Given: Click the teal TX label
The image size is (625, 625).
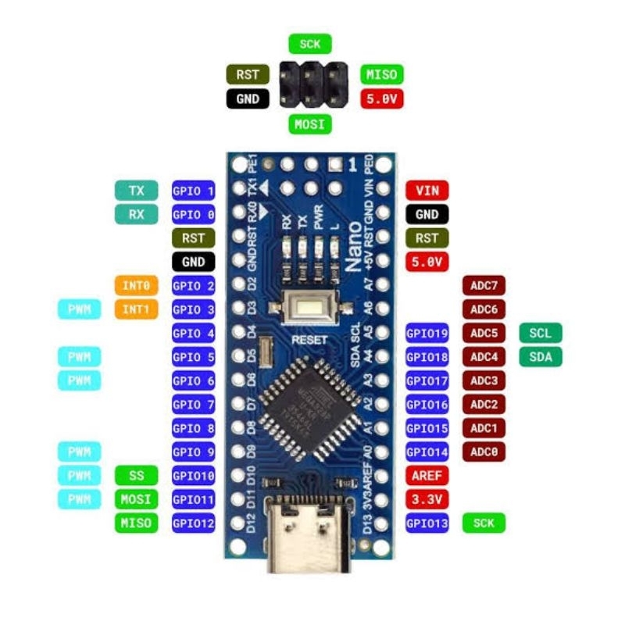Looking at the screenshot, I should pyautogui.click(x=137, y=191).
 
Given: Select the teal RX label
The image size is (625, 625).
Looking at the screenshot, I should pyautogui.click(x=137, y=214).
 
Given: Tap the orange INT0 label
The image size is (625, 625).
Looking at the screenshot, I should pyautogui.click(x=137, y=286).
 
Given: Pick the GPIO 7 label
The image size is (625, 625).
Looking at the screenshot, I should pyautogui.click(x=193, y=405).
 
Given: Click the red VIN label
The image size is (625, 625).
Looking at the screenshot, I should pyautogui.click(x=427, y=191).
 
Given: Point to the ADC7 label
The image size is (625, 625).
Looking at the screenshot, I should pyautogui.click(x=484, y=286).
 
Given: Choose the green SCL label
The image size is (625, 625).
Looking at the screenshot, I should pyautogui.click(x=540, y=334).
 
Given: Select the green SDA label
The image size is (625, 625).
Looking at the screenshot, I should pyautogui.click(x=540, y=357).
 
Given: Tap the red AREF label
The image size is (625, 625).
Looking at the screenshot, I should pyautogui.click(x=427, y=476).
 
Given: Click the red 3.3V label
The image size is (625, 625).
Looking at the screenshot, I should pyautogui.click(x=427, y=499).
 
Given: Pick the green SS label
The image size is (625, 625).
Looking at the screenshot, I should pyautogui.click(x=137, y=476).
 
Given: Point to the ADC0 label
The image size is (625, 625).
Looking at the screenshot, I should pyautogui.click(x=484, y=452).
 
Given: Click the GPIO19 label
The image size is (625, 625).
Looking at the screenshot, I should pyautogui.click(x=427, y=334).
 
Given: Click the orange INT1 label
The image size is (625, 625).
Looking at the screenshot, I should pyautogui.click(x=137, y=309).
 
